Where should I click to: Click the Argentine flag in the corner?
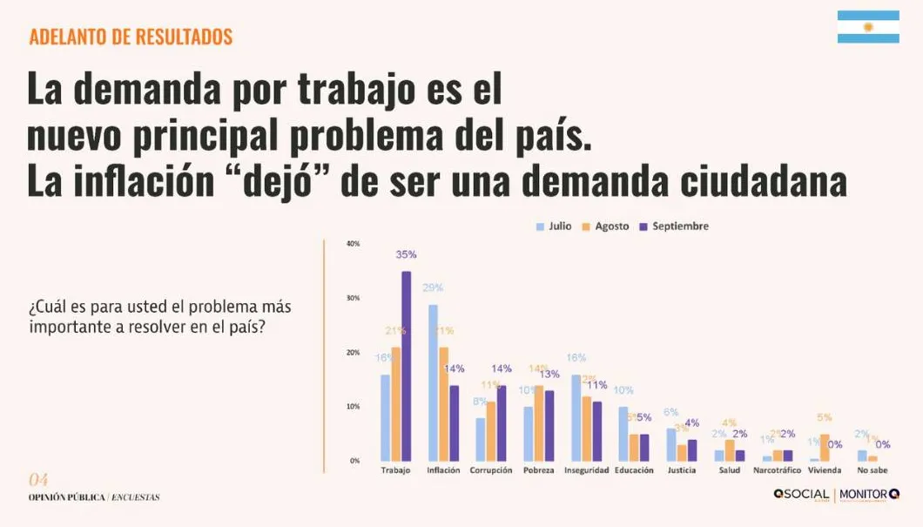pos(868,27)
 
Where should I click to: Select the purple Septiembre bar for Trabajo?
pos(406,366)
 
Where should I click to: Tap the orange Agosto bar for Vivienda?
pos(825,448)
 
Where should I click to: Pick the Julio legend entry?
pos(554,226)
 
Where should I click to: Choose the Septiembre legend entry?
pos(674,226)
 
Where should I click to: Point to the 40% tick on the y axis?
pos(354,244)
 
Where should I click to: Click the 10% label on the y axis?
pos(354,407)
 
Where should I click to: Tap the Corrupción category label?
pos(491,471)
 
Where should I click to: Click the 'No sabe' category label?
pos(872,471)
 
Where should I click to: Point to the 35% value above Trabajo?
pos(406,255)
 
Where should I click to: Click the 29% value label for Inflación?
pos(433,288)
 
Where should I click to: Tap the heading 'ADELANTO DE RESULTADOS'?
pos(131,37)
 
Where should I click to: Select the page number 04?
pos(38,480)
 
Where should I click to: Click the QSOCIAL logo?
pos(801,495)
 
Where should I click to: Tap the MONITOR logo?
pos(869,495)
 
